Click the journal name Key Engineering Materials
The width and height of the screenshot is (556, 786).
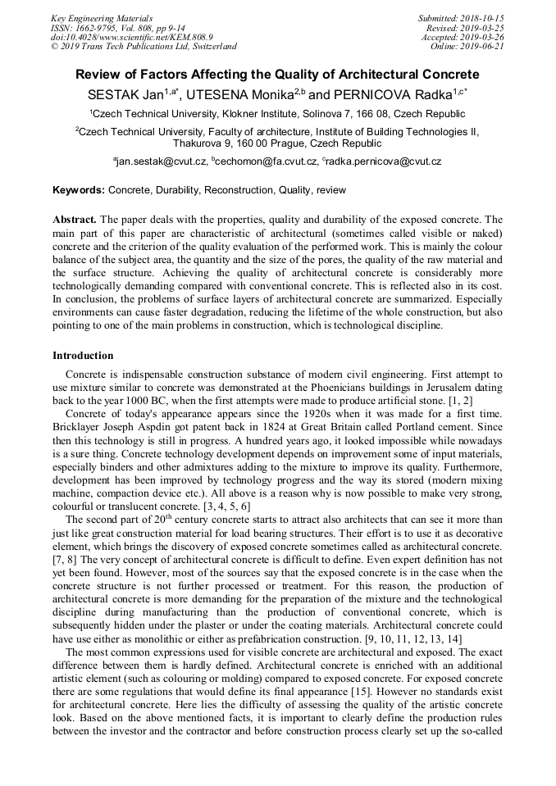point(101,18)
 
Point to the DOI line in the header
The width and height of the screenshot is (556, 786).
point(132,37)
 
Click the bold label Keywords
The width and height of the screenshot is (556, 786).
point(78,190)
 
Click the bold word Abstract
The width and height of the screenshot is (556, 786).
point(75,220)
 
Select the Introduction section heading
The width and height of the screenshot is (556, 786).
point(83,356)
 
